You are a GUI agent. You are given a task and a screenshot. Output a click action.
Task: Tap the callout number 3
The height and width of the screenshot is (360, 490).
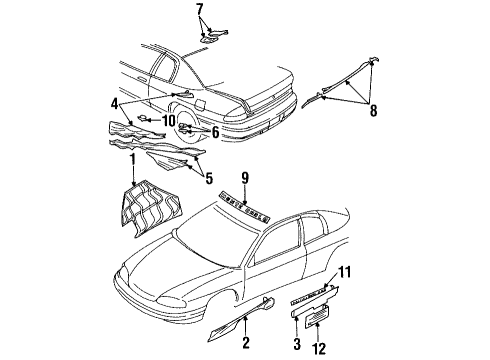tap(296, 344)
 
